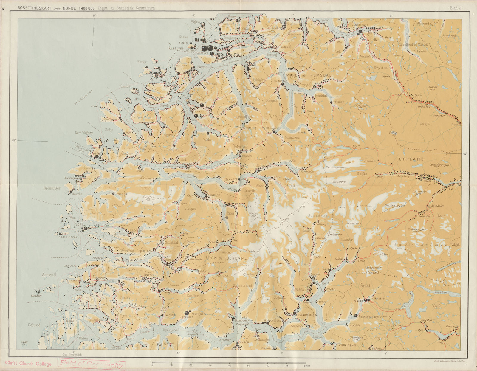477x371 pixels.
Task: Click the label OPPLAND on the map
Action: coord(411,159)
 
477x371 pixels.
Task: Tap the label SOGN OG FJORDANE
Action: coord(226,258)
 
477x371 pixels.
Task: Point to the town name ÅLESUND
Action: coord(176,48)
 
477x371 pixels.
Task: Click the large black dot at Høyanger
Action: coord(187,313)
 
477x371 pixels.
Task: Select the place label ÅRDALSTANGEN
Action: coord(369,317)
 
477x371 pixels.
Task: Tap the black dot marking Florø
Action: coord(85,228)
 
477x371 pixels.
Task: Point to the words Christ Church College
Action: coord(28,364)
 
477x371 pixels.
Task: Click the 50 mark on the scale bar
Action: coord(248,365)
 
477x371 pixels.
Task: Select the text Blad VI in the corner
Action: coord(456,8)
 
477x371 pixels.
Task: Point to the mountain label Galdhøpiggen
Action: coord(417,229)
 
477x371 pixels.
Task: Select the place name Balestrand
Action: coord(242,286)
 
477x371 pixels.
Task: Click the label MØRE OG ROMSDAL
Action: coord(308,76)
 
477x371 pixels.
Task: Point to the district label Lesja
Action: coord(425,123)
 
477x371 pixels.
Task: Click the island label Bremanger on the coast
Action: coord(52,188)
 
